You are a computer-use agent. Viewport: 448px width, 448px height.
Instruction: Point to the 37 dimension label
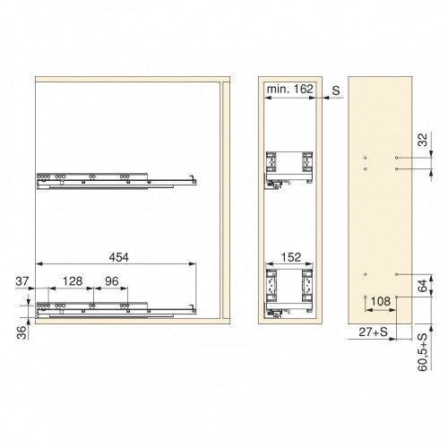click(x=23, y=280)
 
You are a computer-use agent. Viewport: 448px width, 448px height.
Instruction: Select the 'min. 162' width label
click(x=289, y=91)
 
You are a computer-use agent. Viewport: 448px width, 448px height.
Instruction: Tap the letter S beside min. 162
click(x=335, y=91)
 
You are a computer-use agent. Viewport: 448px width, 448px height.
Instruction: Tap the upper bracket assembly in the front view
click(x=289, y=168)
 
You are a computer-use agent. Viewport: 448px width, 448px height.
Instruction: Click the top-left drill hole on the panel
click(x=365, y=155)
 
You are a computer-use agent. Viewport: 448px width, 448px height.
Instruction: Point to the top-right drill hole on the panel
click(x=396, y=155)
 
